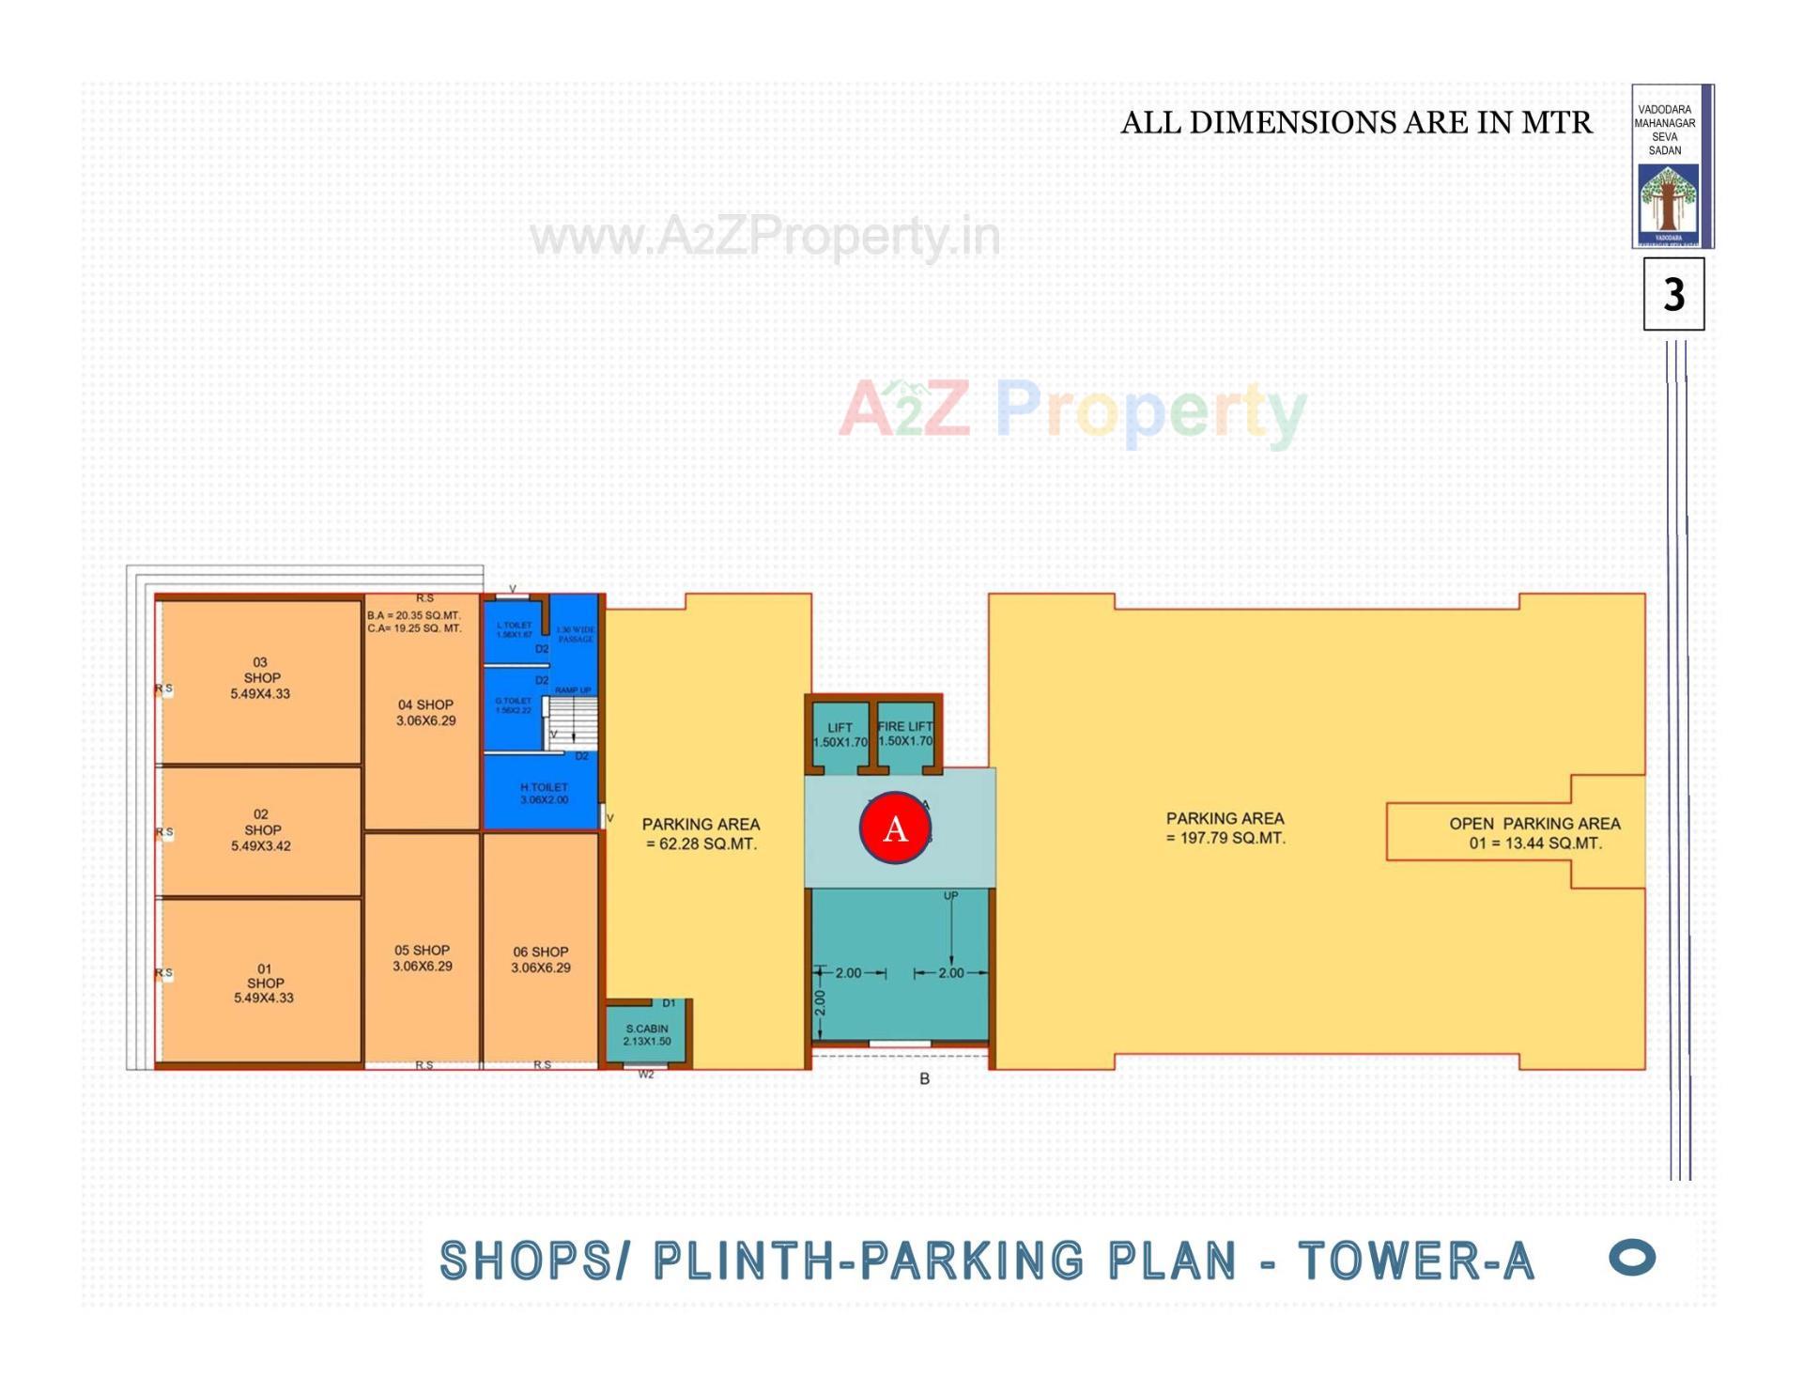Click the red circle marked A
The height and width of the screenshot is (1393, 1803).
(x=895, y=828)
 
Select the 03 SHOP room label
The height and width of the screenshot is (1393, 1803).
(x=261, y=678)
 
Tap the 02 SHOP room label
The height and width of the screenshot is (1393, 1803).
(x=261, y=830)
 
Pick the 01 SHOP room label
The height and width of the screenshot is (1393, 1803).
(x=264, y=983)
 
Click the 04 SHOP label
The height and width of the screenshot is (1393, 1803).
(x=425, y=713)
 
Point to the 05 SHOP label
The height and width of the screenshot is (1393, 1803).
(x=422, y=958)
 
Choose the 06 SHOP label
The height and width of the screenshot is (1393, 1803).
(x=540, y=959)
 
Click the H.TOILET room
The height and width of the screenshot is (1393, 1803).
(x=544, y=794)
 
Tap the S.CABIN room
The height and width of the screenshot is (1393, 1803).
(x=647, y=1035)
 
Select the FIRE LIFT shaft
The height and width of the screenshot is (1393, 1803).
(x=905, y=734)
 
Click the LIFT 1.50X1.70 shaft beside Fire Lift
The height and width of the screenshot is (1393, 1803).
(x=840, y=735)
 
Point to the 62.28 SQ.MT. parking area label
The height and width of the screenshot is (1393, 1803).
(x=701, y=834)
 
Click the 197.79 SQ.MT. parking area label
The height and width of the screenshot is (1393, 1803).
(x=1225, y=828)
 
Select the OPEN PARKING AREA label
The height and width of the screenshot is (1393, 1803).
(x=1534, y=832)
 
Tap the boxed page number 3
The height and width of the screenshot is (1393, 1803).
(x=1673, y=295)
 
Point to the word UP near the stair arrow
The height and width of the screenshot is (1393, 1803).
(x=950, y=896)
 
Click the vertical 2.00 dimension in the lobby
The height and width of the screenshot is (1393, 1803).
(x=820, y=1003)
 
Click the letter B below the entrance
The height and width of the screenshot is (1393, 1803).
(x=924, y=1079)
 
